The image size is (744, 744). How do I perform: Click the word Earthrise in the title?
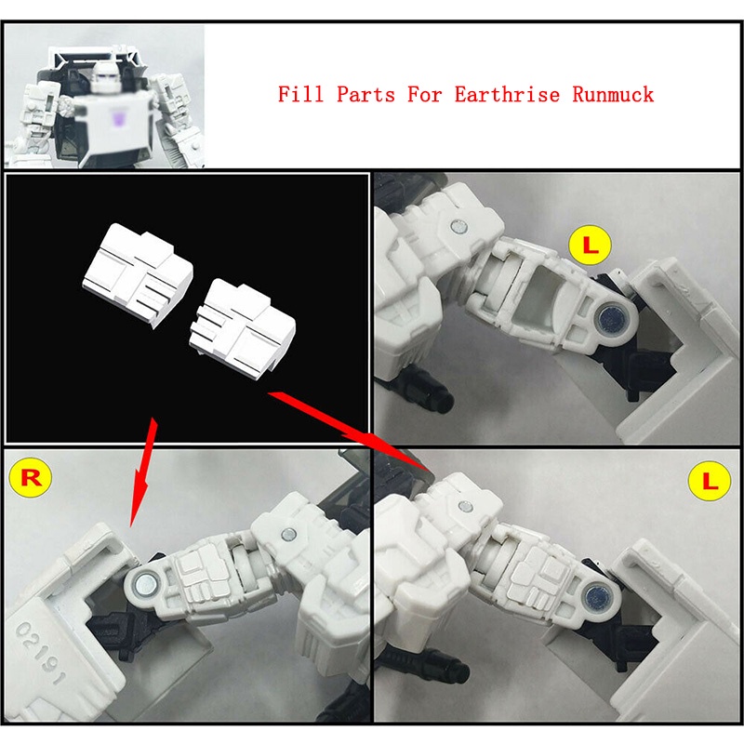click(x=507, y=94)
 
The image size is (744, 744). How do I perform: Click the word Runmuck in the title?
click(x=613, y=94)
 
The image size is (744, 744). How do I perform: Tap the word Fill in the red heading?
click(x=300, y=94)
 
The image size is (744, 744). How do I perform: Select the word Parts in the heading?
click(x=365, y=94)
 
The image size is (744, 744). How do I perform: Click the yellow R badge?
click(x=29, y=478)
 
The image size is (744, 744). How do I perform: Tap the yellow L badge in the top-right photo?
click(x=590, y=246)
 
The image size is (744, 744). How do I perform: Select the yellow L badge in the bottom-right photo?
click(x=709, y=481)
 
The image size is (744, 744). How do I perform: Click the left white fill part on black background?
click(x=138, y=274)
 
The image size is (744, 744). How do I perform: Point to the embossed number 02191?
click(x=40, y=654)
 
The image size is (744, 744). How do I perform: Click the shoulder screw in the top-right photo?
click(x=458, y=226)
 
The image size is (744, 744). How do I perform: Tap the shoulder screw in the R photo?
click(x=287, y=535)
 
